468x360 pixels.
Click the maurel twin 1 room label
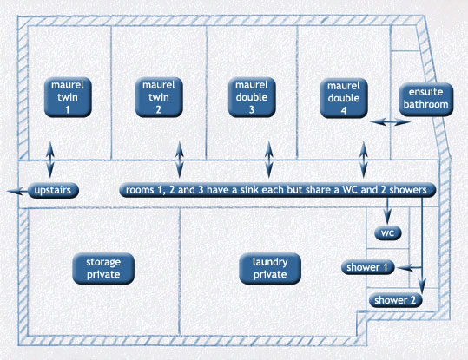[x=68, y=97]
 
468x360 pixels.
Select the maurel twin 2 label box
[x=159, y=97]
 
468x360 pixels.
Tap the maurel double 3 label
[x=252, y=97]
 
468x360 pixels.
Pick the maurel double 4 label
[x=344, y=98]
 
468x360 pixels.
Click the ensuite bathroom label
[x=426, y=99]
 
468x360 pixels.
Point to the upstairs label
[x=53, y=190]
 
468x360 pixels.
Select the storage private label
[x=103, y=268]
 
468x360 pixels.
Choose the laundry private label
[x=270, y=268]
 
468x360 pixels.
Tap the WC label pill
[x=388, y=233]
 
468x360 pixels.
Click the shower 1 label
[x=368, y=267]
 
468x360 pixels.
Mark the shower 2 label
[x=395, y=300]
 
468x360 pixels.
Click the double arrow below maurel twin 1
[x=50, y=160]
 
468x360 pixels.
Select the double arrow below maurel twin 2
[x=180, y=160]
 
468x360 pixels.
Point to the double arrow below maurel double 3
[x=269, y=160]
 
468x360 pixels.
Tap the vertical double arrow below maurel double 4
[x=363, y=160]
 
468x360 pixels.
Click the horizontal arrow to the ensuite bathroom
[x=390, y=121]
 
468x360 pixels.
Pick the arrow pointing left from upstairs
[x=18, y=191]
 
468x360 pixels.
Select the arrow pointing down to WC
[x=387, y=211]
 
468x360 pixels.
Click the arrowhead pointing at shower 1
[x=405, y=267]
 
